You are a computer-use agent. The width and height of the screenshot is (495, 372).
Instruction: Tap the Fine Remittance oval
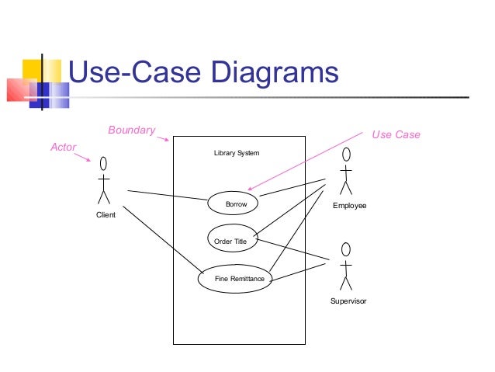[236, 279]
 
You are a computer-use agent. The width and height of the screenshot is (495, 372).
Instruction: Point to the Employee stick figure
[346, 172]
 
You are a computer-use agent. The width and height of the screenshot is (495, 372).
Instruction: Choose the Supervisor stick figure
[346, 268]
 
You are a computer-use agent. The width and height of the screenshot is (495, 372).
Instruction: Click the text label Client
[105, 215]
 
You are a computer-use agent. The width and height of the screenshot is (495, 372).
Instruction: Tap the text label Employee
[349, 206]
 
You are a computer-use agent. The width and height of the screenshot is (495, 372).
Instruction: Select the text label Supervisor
[348, 301]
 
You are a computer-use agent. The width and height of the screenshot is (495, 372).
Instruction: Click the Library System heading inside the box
[237, 153]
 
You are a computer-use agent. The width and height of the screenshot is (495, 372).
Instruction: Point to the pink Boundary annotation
[131, 130]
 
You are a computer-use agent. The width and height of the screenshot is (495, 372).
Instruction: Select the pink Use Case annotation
[396, 134]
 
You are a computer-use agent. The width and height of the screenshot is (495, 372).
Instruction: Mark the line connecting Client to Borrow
[167, 196]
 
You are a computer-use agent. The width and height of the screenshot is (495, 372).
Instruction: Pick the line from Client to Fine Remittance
[161, 241]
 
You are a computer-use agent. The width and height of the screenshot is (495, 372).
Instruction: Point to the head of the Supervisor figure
[346, 249]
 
